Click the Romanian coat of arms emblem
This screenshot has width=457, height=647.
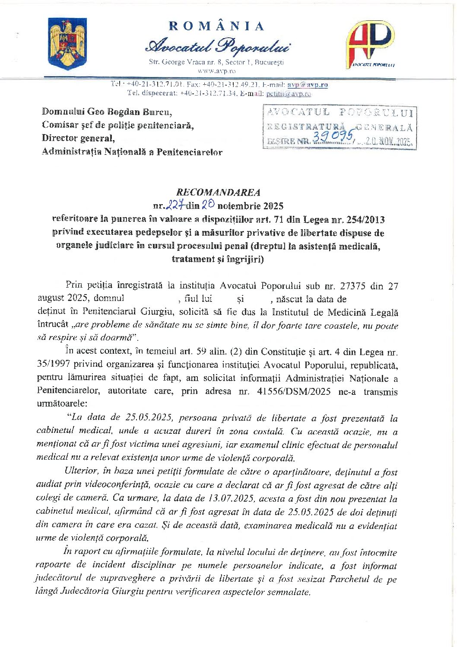click(67, 44)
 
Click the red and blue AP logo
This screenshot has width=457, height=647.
click(370, 44)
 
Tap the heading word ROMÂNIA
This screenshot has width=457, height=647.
click(216, 26)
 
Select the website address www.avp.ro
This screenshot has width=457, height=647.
click(216, 71)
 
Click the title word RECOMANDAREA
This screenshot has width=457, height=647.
click(218, 192)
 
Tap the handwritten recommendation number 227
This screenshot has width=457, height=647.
click(176, 205)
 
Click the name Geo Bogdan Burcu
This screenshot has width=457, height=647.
click(130, 112)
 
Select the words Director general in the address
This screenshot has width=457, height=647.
click(78, 138)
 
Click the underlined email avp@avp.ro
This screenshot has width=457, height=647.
click(308, 85)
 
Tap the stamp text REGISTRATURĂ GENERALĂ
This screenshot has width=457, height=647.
click(340, 127)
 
